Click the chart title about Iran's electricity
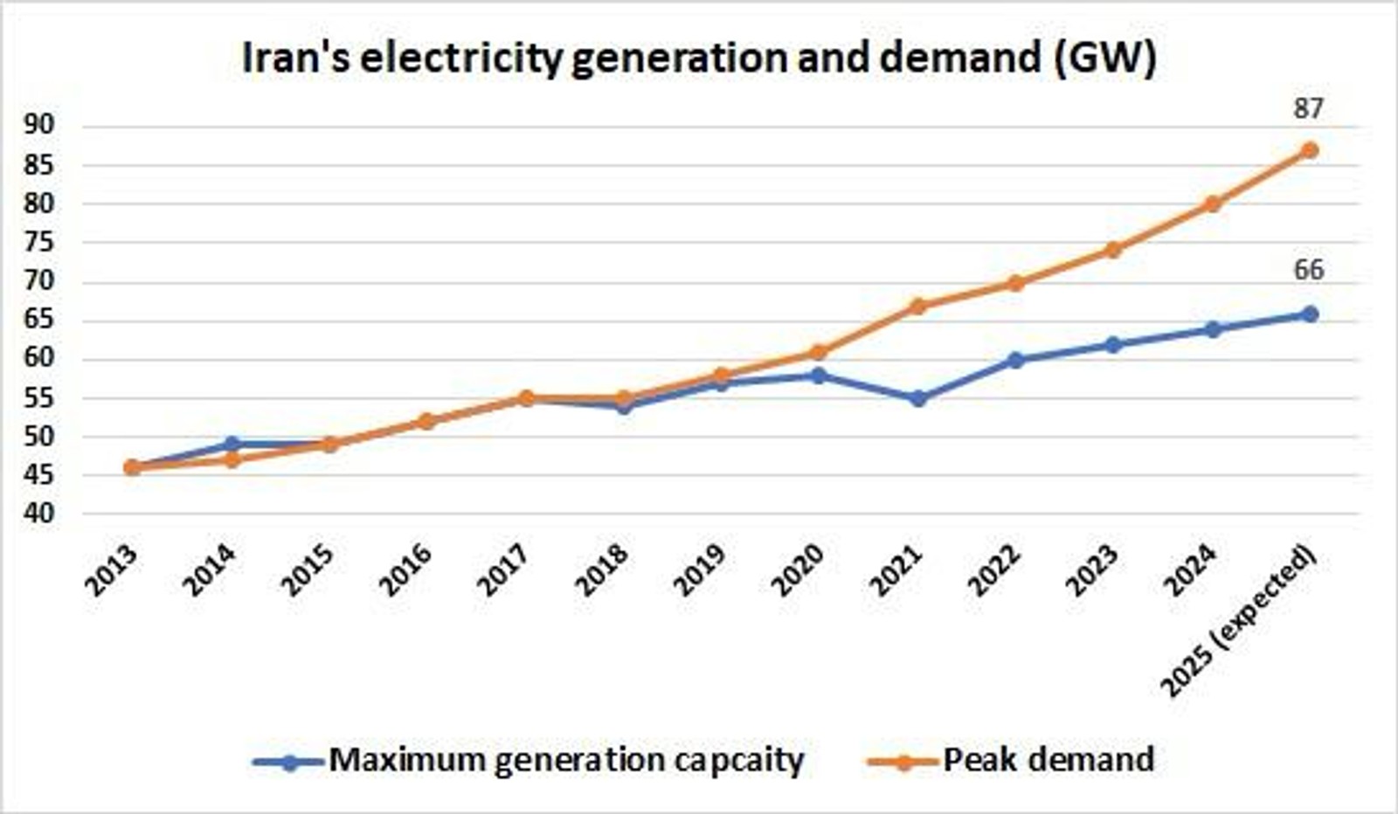(699, 59)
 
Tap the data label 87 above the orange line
(1308, 109)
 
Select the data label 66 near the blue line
(1308, 270)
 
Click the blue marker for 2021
(917, 398)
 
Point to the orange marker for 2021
(917, 306)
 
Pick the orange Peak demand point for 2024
(1212, 204)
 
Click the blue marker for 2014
(232, 445)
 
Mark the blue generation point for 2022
(1015, 360)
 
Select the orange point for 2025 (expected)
(1309, 150)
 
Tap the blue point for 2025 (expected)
(1309, 314)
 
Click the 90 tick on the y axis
(39, 126)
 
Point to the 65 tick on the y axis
(39, 320)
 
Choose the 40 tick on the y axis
(39, 514)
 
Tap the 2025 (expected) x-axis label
(1239, 622)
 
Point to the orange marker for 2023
(1113, 250)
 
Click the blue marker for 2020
(819, 376)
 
